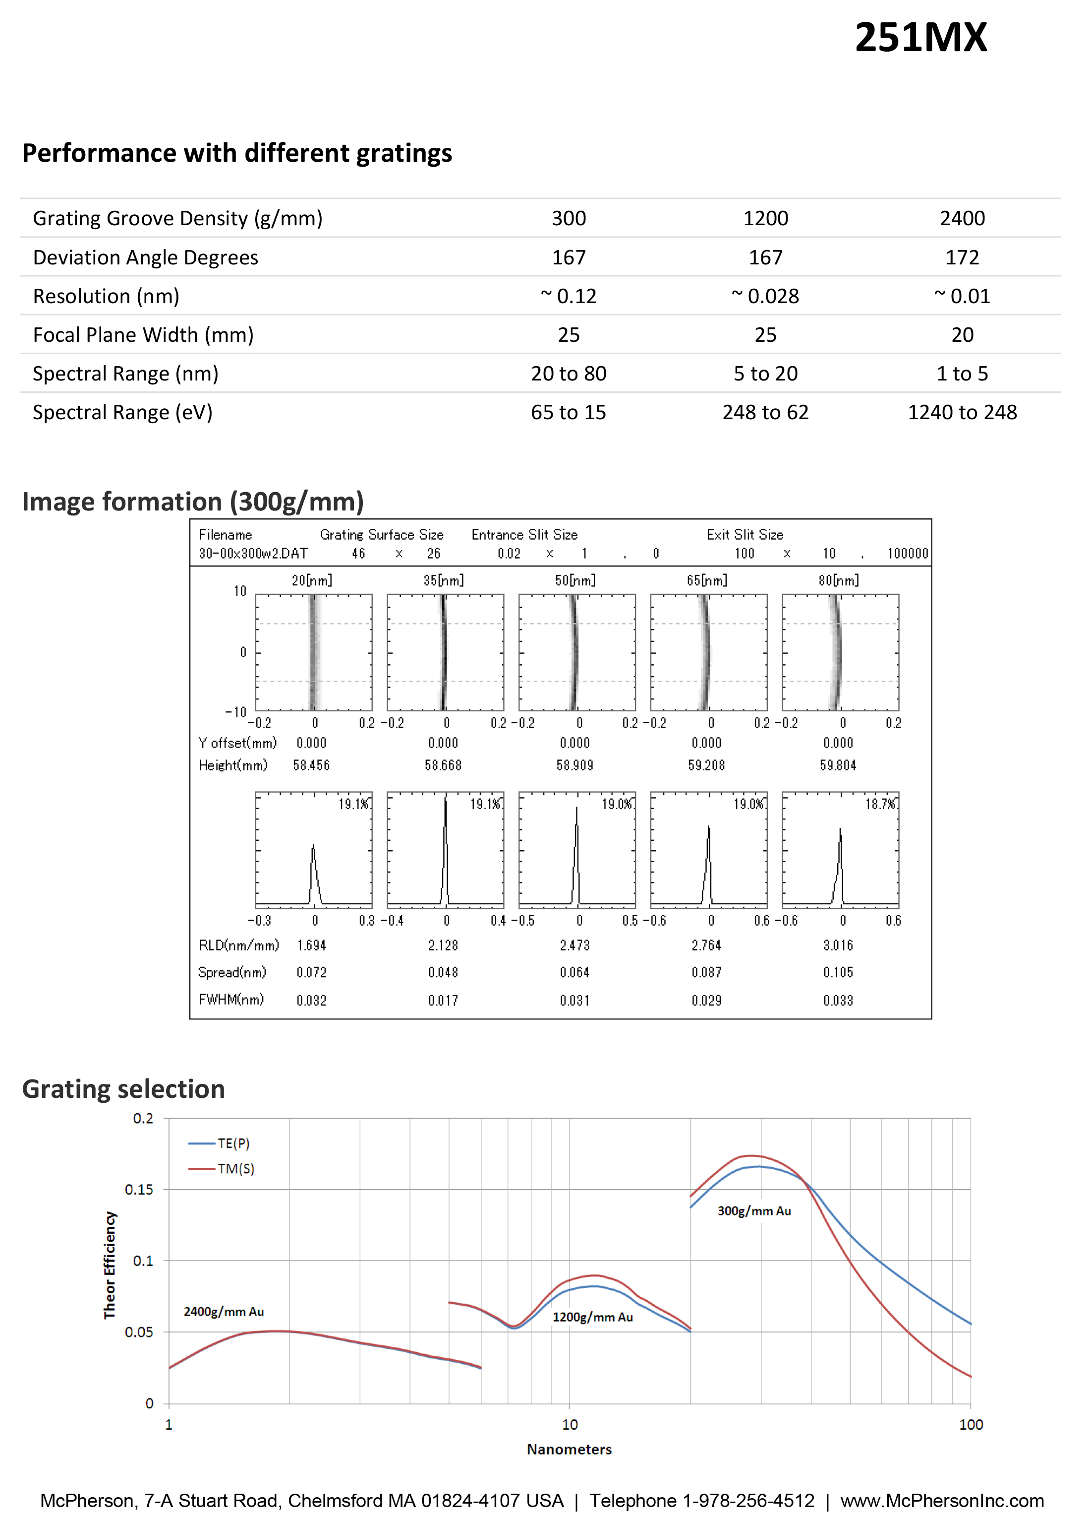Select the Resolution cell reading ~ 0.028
(x=765, y=296)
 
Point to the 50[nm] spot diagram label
(x=574, y=580)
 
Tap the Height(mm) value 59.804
(x=838, y=765)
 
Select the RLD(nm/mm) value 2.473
(x=574, y=945)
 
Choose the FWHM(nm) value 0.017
(x=443, y=1001)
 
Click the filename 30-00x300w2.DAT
(x=253, y=554)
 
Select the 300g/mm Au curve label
(x=753, y=1210)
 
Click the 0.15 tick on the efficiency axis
(x=139, y=1189)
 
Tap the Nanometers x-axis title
(x=569, y=1449)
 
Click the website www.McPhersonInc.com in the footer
(x=941, y=1500)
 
